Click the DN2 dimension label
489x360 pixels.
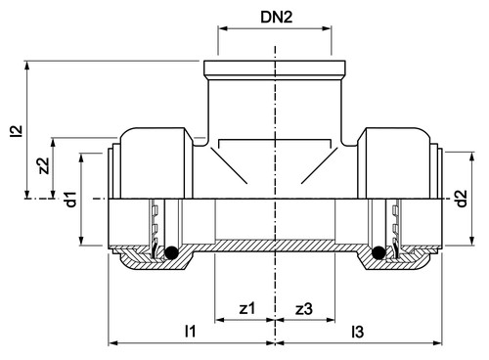click(277, 17)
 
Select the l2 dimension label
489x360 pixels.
click(17, 131)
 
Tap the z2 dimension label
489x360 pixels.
click(44, 166)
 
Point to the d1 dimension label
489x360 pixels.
click(70, 200)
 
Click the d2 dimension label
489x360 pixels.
click(461, 199)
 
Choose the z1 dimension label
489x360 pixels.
click(247, 308)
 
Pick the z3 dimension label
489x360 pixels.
click(304, 308)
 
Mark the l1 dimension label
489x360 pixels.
click(190, 332)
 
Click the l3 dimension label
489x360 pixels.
click(357, 332)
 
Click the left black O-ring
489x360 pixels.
click(171, 252)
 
